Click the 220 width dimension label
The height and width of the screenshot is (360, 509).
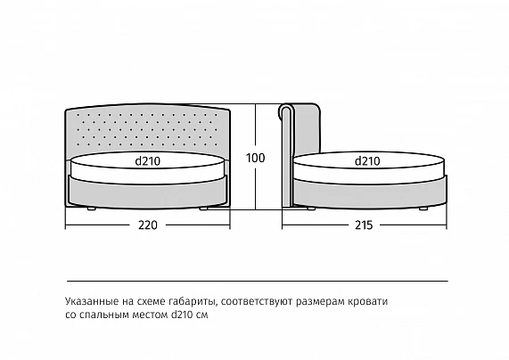pos(148,225)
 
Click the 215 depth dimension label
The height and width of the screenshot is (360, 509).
pos(364,225)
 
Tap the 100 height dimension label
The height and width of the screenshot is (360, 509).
pos(256,158)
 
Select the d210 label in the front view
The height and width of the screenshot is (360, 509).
pos(148,161)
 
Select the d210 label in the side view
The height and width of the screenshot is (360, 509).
pos(367,161)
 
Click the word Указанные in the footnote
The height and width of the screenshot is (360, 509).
pos(92,301)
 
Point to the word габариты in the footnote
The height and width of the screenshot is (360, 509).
pos(193,301)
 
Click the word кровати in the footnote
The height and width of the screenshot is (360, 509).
pos(368,301)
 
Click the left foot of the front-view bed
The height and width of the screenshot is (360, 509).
pos(91,209)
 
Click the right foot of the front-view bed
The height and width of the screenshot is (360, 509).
pos(203,209)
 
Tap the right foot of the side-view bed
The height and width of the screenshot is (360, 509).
pos(423,209)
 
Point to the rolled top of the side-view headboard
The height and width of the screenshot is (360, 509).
pos(286,110)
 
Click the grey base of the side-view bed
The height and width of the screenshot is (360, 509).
pos(370,193)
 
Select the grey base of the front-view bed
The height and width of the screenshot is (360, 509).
pos(148,194)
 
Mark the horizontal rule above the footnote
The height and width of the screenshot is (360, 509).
pos(258,281)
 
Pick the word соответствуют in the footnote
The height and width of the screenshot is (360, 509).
pos(258,301)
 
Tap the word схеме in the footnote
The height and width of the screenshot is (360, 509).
pos(151,301)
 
